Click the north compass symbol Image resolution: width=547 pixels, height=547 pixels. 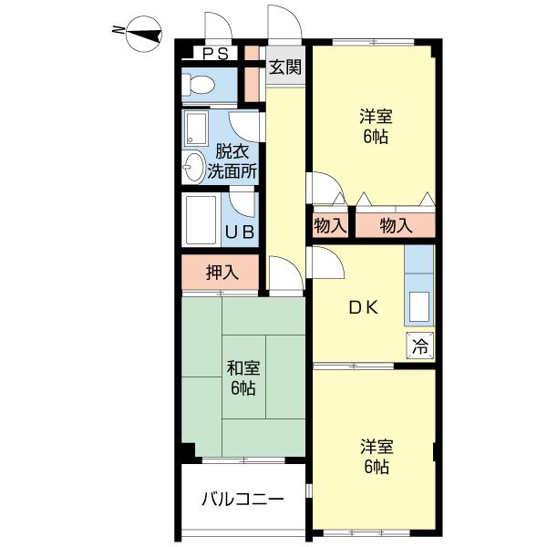[144, 34]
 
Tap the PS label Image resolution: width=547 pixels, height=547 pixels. [215, 54]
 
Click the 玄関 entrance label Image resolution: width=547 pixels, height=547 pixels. [285, 67]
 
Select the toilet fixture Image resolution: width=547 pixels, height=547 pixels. [198, 84]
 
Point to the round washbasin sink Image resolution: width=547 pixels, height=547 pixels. [193, 167]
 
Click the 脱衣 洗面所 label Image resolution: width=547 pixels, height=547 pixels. [232, 161]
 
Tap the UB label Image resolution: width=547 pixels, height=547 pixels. [240, 232]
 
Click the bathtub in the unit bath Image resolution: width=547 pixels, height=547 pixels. [201, 220]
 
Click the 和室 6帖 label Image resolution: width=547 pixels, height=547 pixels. [243, 377]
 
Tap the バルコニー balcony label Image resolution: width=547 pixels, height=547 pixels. [243, 500]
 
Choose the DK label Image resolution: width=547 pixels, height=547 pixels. [364, 308]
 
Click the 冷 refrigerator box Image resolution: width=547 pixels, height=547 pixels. [420, 346]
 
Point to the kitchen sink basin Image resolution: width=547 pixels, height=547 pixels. [419, 306]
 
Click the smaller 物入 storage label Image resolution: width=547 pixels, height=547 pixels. [330, 226]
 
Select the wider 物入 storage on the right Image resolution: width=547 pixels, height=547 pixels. [396, 226]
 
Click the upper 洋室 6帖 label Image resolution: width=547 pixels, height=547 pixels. [376, 127]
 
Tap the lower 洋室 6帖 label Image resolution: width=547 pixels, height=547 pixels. [377, 457]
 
